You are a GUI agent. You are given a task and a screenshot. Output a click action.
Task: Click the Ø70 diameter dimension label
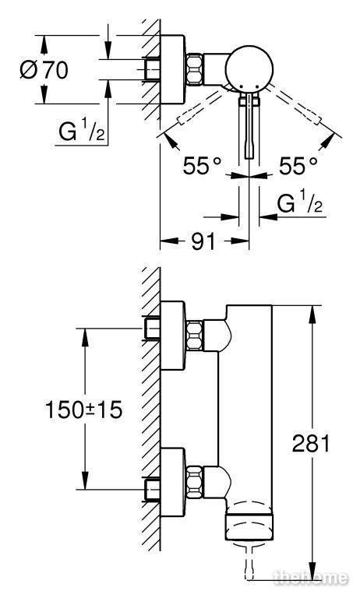(x=44, y=70)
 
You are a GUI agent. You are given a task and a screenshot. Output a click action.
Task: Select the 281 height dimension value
(x=311, y=444)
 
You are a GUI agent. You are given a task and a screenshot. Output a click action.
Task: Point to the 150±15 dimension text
(x=84, y=410)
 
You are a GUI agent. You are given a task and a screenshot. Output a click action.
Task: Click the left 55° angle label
(x=202, y=166)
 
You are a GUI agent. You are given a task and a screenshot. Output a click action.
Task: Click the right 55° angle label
(x=298, y=166)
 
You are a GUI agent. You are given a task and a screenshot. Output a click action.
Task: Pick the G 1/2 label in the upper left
(x=81, y=131)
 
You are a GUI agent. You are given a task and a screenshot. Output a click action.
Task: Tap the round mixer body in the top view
(x=249, y=69)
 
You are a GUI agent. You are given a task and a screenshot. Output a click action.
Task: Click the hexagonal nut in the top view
(x=195, y=69)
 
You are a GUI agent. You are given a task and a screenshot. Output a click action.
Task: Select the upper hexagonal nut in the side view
(x=195, y=336)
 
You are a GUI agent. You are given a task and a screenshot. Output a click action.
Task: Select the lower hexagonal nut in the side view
(x=195, y=482)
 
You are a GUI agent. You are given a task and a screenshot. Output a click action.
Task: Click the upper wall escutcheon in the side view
(x=172, y=336)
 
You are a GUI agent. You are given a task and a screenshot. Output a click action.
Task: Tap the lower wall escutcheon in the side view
(x=172, y=483)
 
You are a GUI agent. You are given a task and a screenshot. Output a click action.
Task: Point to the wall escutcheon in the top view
(x=172, y=69)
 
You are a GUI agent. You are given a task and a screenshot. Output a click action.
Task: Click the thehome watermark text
(x=311, y=578)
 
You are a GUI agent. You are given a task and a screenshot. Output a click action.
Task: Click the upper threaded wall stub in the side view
(x=152, y=329)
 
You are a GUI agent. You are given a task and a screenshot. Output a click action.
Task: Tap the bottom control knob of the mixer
(x=249, y=526)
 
